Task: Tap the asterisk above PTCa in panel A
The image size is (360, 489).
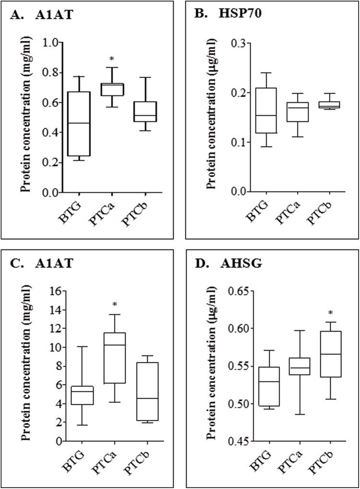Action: point(112,59)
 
